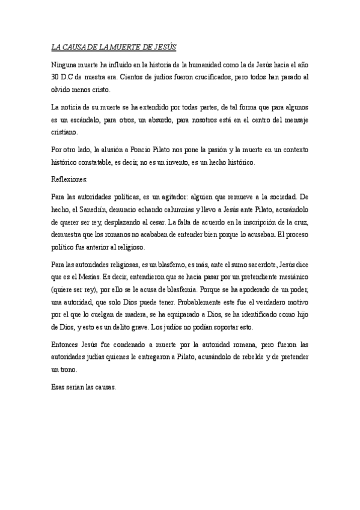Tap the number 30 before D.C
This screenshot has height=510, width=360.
55,76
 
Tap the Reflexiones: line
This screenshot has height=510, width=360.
70,180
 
